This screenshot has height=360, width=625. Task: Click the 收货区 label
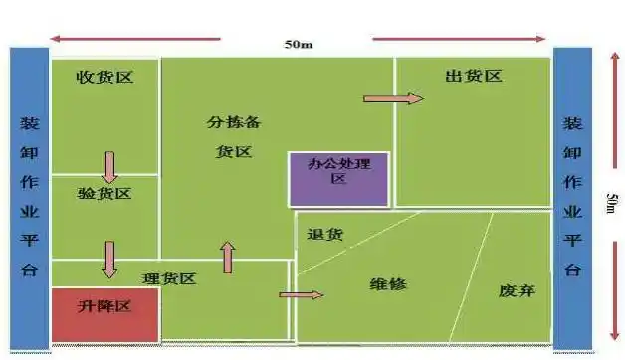tap(104, 77)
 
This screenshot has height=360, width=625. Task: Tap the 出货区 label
tap(473, 77)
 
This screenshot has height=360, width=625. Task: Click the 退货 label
tap(325, 235)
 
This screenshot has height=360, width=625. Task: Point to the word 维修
tap(388, 283)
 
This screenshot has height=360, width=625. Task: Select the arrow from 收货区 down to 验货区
tap(109, 166)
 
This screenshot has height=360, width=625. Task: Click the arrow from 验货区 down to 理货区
tap(109, 259)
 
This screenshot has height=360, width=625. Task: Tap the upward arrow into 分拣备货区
tap(228, 257)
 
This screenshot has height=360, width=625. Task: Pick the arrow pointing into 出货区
tap(393, 98)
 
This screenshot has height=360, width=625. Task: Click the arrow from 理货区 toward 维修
tap(302, 294)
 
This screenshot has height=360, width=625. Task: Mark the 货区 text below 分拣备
tap(233, 152)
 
